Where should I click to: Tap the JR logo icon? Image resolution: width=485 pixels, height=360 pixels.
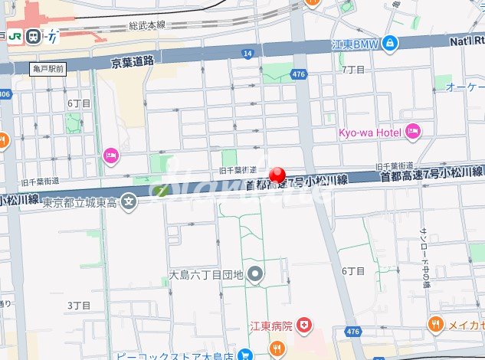(x=15, y=36)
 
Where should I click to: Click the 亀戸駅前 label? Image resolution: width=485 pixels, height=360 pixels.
(x=48, y=69)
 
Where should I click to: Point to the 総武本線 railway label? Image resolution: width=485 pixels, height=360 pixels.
(x=146, y=25)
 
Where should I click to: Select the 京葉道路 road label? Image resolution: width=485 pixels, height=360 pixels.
(x=133, y=60)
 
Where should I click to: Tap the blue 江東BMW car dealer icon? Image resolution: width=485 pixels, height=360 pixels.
(x=390, y=42)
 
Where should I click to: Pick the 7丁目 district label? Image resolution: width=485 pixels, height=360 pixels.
(x=352, y=70)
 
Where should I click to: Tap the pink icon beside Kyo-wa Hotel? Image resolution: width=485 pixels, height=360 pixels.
(x=413, y=133)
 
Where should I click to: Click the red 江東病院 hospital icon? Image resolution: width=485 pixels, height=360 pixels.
(x=305, y=326)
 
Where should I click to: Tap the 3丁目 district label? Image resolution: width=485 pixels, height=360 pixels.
(x=79, y=306)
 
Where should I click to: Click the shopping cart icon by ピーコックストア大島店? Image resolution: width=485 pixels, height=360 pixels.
(x=245, y=355)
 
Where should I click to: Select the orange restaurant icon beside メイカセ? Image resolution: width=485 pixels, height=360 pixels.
(x=435, y=324)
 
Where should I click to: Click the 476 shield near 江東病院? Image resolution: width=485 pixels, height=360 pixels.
(x=352, y=332)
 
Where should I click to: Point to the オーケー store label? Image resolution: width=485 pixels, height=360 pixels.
(x=464, y=87)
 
